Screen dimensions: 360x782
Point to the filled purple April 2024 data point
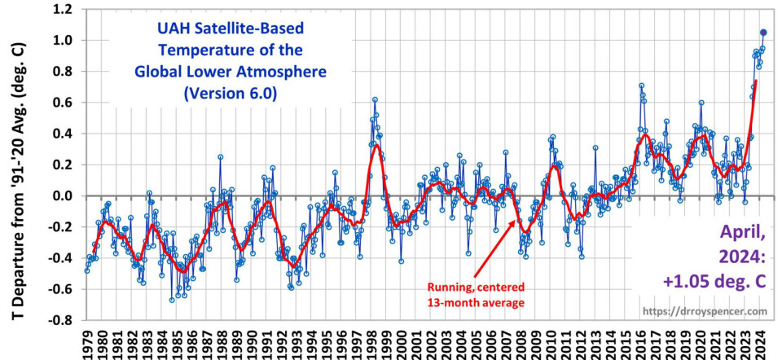click(763, 33)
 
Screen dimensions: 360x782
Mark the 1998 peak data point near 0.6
click(375, 99)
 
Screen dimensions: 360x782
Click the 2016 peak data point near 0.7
click(641, 86)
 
